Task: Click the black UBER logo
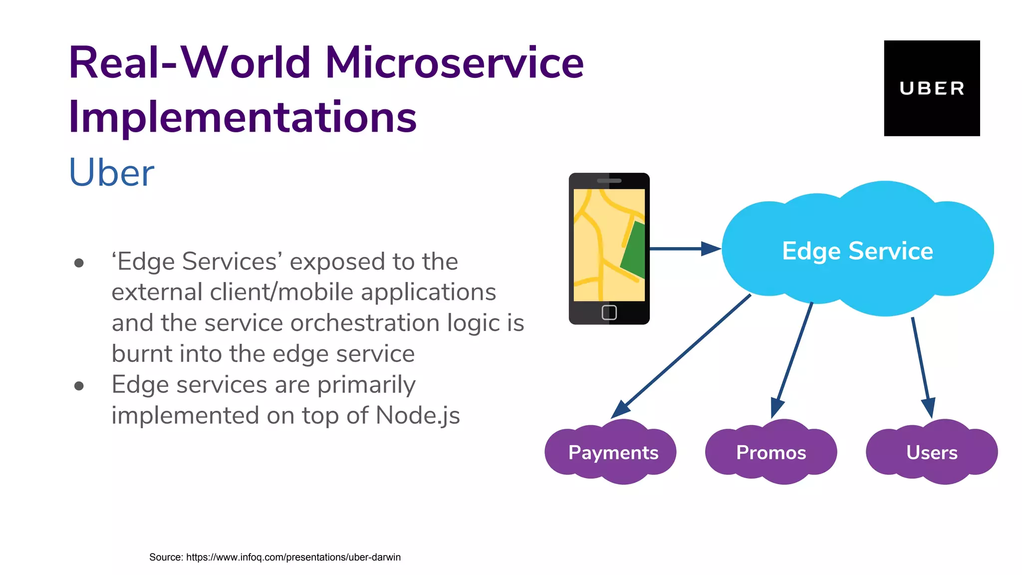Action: [x=932, y=88]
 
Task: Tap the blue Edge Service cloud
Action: [x=857, y=250]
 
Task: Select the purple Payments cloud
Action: [x=613, y=452]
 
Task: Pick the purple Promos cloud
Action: [x=771, y=452]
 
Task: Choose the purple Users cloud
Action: [x=932, y=452]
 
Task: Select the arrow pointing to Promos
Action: [x=793, y=357]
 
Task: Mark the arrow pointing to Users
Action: [x=921, y=364]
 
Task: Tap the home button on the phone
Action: [x=609, y=312]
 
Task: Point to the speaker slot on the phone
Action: [x=609, y=181]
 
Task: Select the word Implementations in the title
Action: [x=243, y=117]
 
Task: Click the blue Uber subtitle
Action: [x=111, y=173]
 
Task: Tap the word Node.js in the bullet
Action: [x=418, y=415]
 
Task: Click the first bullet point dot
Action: [x=79, y=263]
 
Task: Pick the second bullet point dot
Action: [x=79, y=385]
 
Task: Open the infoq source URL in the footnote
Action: [x=293, y=557]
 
